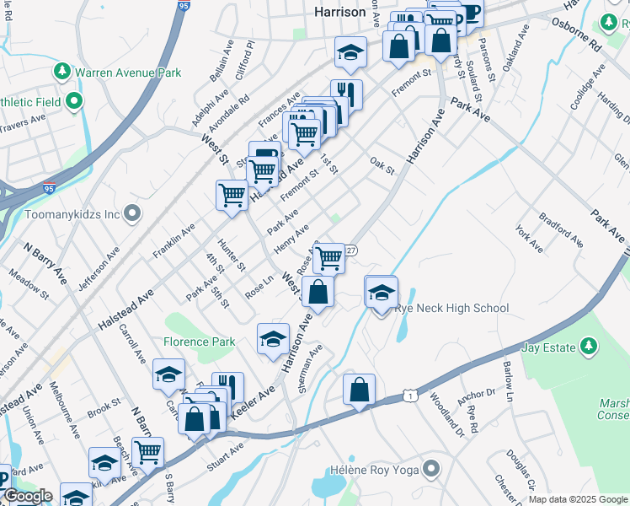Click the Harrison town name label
pyautogui.click(x=339, y=12)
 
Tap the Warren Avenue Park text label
pyautogui.click(x=128, y=73)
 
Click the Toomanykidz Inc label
pyautogui.click(x=72, y=214)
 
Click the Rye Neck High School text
pyautogui.click(x=455, y=308)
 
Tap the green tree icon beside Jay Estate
pyautogui.click(x=589, y=347)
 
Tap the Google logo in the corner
pyautogui.click(x=27, y=496)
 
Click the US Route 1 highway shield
pyautogui.click(x=408, y=396)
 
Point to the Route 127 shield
pyautogui.click(x=351, y=250)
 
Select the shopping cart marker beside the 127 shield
pyautogui.click(x=329, y=258)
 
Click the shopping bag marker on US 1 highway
pyautogui.click(x=359, y=390)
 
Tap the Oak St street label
pyautogui.click(x=382, y=164)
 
